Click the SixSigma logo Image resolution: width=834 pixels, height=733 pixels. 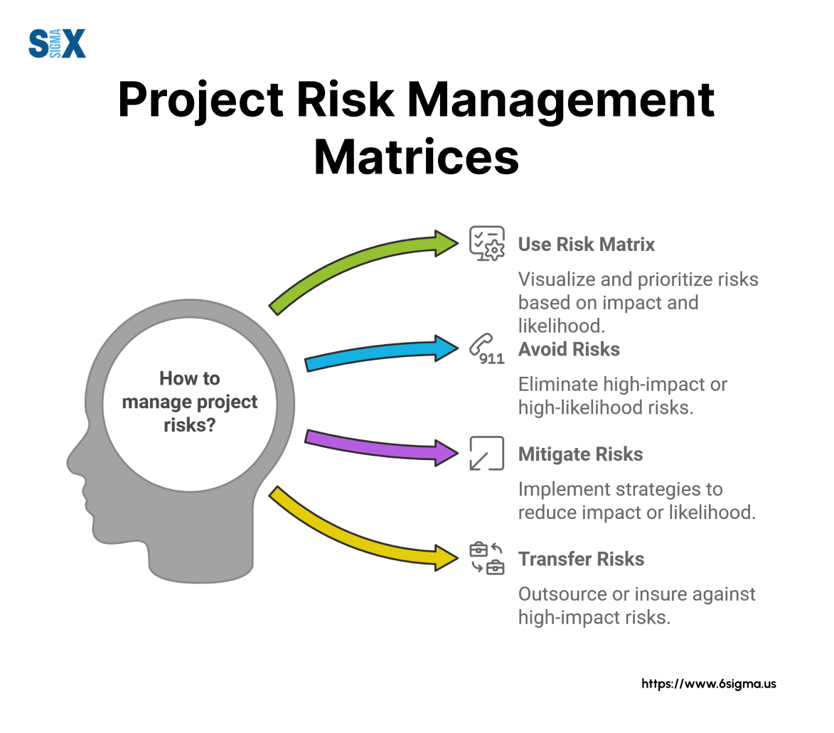pos(57,43)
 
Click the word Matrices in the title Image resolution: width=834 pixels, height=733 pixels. pos(417,157)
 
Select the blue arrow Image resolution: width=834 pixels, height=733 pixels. pos(381,353)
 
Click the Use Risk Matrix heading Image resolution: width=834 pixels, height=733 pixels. pos(586,245)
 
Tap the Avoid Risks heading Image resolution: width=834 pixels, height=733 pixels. pos(569,350)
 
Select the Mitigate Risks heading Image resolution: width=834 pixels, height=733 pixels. pos(581,454)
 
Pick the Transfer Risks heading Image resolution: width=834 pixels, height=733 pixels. pos(582,559)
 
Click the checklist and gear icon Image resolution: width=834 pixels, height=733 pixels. pos(486,244)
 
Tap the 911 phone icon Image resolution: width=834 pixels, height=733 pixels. pos(486,350)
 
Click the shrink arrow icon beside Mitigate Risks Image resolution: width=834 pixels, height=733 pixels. pos(486,453)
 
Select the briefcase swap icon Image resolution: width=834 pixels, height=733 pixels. pos(486,558)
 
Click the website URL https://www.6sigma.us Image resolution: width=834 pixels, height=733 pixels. pos(708,683)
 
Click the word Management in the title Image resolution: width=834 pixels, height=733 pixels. pos(561,100)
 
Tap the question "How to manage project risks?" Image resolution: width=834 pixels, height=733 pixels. pos(190,402)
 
